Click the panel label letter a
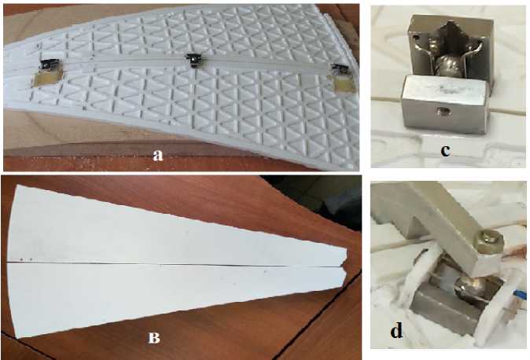click(x=158, y=155)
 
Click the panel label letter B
click(x=154, y=337)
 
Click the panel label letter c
click(x=445, y=150)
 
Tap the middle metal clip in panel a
click(x=193, y=60)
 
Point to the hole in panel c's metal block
click(x=441, y=110)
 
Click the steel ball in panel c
click(x=447, y=66)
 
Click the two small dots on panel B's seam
click(x=26, y=259)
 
